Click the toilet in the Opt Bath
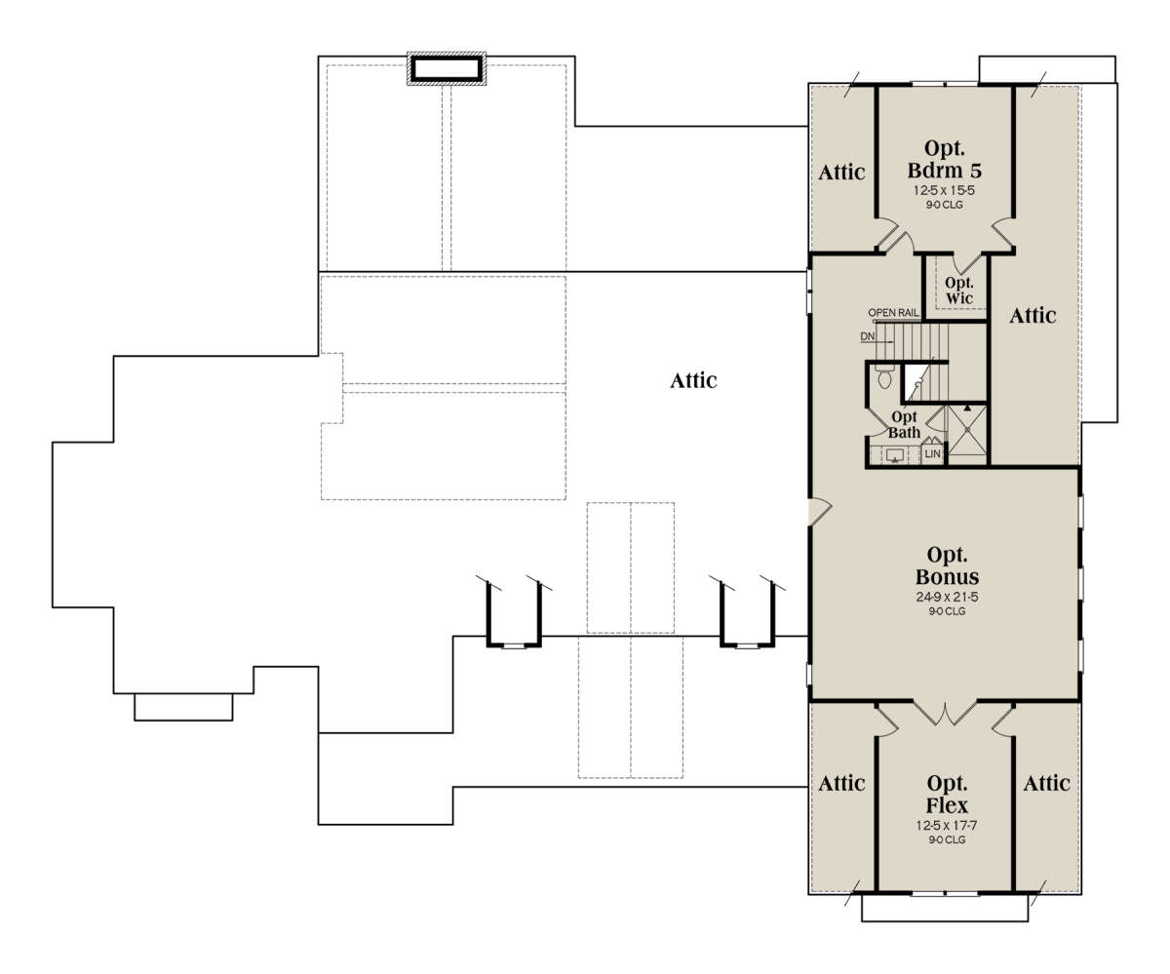[x=884, y=376]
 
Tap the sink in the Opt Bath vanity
[x=894, y=454]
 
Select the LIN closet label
[x=932, y=454]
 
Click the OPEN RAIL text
[x=893, y=313]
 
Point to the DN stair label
[x=868, y=336]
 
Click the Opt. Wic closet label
[x=959, y=291]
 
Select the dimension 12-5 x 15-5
[x=944, y=190]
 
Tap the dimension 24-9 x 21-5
[x=947, y=597]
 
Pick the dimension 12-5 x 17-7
[x=947, y=826]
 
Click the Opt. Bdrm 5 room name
[x=945, y=159]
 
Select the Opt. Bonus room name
[x=947, y=565]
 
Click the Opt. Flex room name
[x=947, y=794]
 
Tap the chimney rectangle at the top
[x=447, y=69]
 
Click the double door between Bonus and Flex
[x=946, y=715]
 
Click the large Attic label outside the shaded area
[x=693, y=381]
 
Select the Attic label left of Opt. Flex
[x=841, y=783]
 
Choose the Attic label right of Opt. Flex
[x=1047, y=783]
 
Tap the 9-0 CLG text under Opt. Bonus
[x=947, y=611]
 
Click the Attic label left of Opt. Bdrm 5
[x=841, y=172]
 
